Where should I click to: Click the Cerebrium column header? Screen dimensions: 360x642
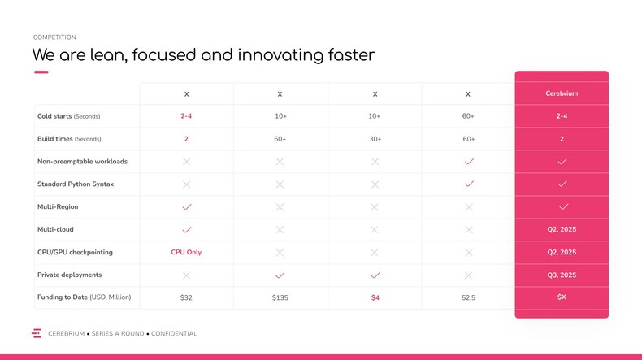tap(562, 93)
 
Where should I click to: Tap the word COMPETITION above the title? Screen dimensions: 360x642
tap(54, 37)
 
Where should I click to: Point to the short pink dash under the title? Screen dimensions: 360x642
tap(41, 72)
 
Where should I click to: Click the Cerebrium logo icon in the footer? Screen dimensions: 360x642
tap(37, 333)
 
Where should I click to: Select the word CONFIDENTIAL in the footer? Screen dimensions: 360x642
tap(174, 334)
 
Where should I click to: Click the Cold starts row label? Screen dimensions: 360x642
tap(68, 116)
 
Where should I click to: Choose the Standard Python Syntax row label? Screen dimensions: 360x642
tap(76, 184)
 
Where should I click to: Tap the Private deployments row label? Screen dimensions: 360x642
tap(69, 275)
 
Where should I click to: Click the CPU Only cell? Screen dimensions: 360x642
tap(186, 253)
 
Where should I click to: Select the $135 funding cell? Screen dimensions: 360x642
tap(280, 298)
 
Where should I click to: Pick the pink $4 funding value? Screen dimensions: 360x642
tap(375, 298)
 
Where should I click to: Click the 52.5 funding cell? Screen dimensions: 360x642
tap(468, 298)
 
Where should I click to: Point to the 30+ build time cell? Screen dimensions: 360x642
tap(375, 139)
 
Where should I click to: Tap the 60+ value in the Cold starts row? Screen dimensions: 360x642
tap(468, 116)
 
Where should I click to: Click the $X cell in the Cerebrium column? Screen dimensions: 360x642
tap(562, 297)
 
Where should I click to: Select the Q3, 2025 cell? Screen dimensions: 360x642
tap(562, 275)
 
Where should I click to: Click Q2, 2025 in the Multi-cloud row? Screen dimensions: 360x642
tap(562, 230)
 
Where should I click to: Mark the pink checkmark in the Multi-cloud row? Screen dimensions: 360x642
tap(186, 230)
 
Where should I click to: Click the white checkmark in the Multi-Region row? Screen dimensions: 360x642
tap(562, 207)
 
